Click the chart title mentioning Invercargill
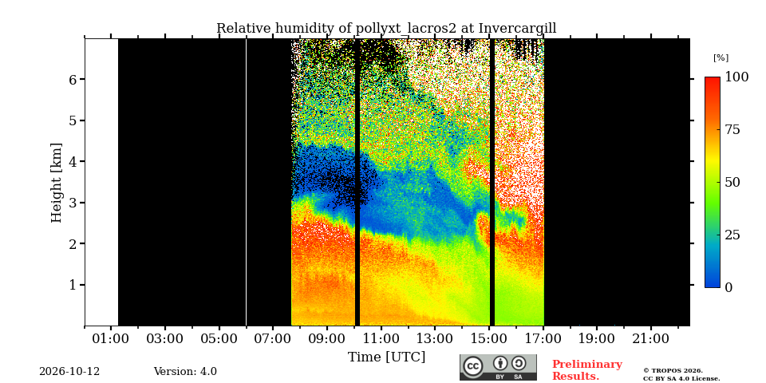pyautogui.click(x=386, y=29)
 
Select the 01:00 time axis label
pyautogui.click(x=111, y=338)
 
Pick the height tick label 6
pyautogui.click(x=72, y=79)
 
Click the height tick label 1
pyautogui.click(x=72, y=285)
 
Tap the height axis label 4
pyautogui.click(x=72, y=161)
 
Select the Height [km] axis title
pyautogui.click(x=57, y=183)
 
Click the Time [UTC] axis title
pyautogui.click(x=386, y=357)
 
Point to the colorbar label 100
pyautogui.click(x=736, y=77)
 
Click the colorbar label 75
pyautogui.click(x=732, y=130)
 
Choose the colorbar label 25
pyautogui.click(x=732, y=235)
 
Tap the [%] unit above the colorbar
pyautogui.click(x=721, y=57)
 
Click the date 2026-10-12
pyautogui.click(x=69, y=372)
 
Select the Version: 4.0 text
pyautogui.click(x=185, y=372)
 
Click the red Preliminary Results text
pyautogui.click(x=587, y=370)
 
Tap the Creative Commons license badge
pyautogui.click(x=498, y=367)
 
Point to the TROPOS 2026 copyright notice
pyautogui.click(x=681, y=375)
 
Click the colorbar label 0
pyautogui.click(x=728, y=288)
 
